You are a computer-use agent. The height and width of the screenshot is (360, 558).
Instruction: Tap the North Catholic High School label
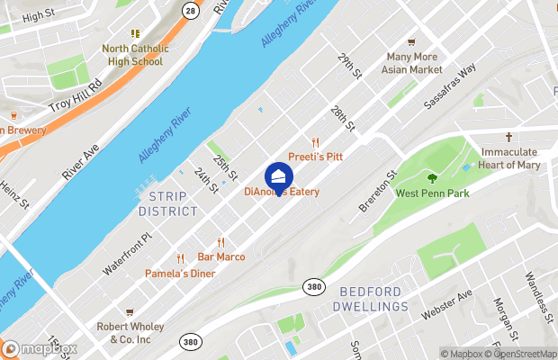[x=132, y=55]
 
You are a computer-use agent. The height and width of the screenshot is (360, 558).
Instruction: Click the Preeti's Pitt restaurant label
[x=315, y=157]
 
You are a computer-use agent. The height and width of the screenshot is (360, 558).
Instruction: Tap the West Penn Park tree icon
[x=431, y=177]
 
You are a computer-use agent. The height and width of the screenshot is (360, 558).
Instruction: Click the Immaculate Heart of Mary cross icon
[x=508, y=138]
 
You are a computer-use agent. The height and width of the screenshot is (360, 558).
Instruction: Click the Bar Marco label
[x=221, y=256]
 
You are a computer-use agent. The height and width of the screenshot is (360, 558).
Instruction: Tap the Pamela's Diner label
[x=181, y=273]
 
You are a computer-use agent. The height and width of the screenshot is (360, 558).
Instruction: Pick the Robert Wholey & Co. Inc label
[x=129, y=333]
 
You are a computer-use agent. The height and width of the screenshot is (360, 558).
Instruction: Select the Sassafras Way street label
[x=451, y=87]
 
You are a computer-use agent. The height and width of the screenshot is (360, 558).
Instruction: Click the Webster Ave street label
[x=446, y=306]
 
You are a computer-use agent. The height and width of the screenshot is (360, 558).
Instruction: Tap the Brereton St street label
[x=378, y=191]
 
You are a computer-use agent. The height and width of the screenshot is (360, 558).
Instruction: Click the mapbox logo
[x=40, y=348]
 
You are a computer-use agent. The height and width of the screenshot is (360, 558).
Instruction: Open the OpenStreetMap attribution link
[x=520, y=354]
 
